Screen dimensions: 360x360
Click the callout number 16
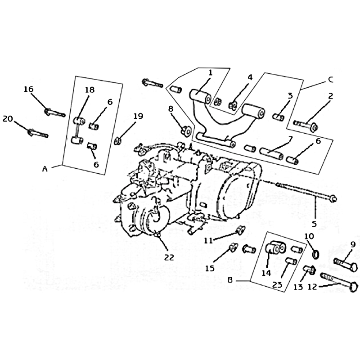(x=28, y=89)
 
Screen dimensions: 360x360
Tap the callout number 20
(x=8, y=119)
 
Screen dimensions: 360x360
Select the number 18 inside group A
(x=90, y=90)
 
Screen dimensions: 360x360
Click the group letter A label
(x=45, y=169)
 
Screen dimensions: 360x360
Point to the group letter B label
(x=230, y=280)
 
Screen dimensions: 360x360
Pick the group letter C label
(x=330, y=80)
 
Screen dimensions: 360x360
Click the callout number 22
(x=169, y=257)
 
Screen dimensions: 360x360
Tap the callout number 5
(x=314, y=224)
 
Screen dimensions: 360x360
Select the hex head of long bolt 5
(x=333, y=199)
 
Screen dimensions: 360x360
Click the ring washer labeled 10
(x=316, y=254)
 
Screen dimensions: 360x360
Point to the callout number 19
(x=138, y=116)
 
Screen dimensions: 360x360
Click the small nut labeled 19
(x=117, y=140)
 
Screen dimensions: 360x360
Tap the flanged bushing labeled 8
(x=186, y=131)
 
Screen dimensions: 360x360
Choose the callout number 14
(x=266, y=273)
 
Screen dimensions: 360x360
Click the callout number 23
(x=277, y=285)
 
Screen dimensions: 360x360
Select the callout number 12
(x=312, y=287)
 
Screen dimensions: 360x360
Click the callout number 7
(x=290, y=139)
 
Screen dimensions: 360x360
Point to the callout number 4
(x=250, y=77)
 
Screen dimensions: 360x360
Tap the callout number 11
(x=208, y=241)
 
